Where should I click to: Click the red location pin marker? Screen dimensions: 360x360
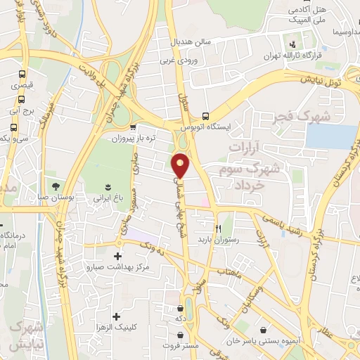tap(181, 165)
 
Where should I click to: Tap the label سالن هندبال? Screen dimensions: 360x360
tap(192, 41)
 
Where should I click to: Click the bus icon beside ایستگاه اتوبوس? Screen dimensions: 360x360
tap(205, 116)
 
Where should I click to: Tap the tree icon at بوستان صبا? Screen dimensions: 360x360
tap(54, 186)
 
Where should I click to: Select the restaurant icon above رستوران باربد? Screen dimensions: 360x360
tap(219, 229)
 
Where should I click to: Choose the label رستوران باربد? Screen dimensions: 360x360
tap(219, 240)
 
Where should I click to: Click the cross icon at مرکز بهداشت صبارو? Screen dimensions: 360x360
tap(117, 256)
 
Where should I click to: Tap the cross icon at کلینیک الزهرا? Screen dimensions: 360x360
tap(116, 316)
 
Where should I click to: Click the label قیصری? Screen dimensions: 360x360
tap(21, 84)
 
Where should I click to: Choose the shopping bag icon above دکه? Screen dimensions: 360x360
tap(181, 307)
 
